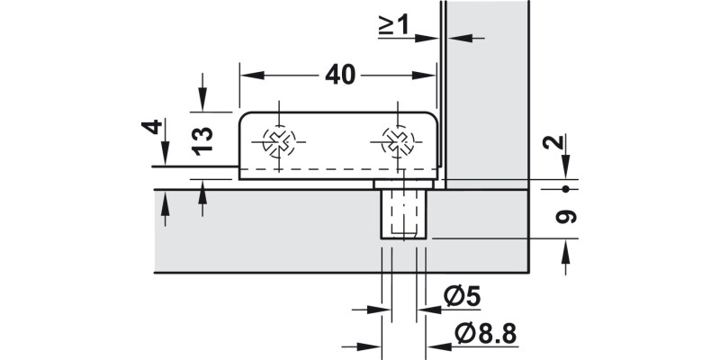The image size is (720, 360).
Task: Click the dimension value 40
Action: (x=339, y=75)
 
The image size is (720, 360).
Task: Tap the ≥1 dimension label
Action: (x=393, y=25)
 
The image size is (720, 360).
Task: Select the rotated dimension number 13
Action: (x=202, y=138)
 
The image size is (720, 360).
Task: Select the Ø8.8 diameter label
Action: (x=486, y=334)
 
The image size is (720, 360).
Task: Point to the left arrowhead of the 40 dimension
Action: (x=247, y=76)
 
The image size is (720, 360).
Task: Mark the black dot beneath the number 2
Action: (x=564, y=189)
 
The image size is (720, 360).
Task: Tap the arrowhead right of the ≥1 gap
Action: (x=454, y=37)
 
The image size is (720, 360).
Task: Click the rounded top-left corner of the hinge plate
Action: (x=244, y=117)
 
